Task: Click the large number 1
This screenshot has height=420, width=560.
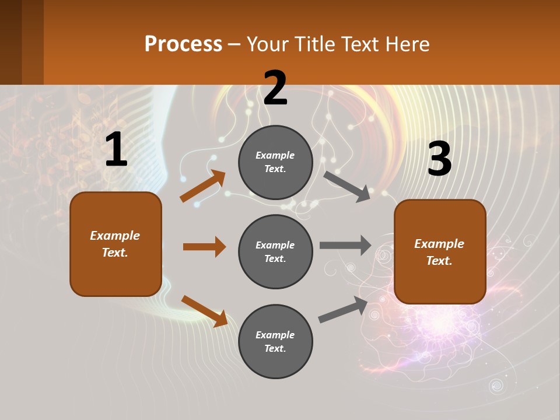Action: click(116, 150)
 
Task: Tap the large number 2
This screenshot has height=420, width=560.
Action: click(275, 88)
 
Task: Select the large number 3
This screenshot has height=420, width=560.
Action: click(439, 159)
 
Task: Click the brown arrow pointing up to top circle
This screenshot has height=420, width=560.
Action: click(203, 186)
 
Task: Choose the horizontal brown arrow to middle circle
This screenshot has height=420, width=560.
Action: click(204, 247)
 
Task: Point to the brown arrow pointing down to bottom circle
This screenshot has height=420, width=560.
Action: click(204, 310)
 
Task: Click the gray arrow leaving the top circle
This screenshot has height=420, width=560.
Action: click(347, 186)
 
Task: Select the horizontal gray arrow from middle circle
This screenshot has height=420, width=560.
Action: click(345, 245)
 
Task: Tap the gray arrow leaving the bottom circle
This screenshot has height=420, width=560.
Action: click(343, 310)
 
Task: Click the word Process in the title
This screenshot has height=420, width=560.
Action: click(183, 44)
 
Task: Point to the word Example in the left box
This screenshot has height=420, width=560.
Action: click(115, 236)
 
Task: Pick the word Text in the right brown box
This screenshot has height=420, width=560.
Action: click(439, 261)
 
